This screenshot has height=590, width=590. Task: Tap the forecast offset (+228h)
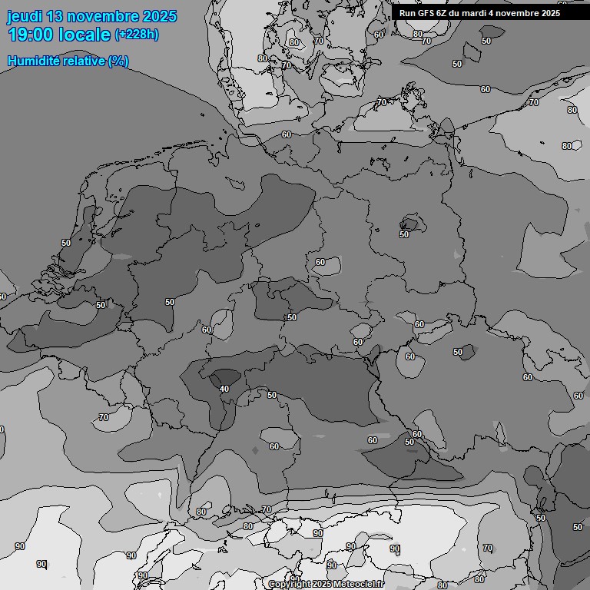(x=137, y=35)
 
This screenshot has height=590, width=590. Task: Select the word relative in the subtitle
(x=83, y=61)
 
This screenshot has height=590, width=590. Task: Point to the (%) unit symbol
(x=118, y=61)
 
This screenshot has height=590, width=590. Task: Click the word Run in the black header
(x=407, y=13)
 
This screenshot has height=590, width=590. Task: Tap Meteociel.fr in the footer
(x=358, y=585)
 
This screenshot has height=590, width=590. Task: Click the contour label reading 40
(x=224, y=389)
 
